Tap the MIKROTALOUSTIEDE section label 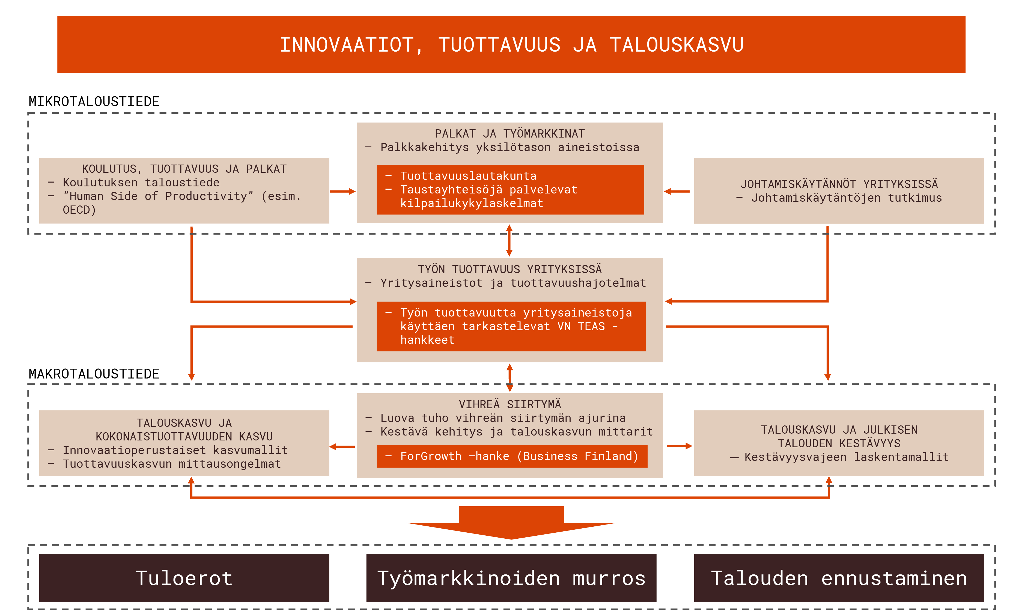point(94,101)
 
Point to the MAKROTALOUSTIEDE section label point(94,374)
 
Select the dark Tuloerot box point(184,578)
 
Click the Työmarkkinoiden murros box point(511,578)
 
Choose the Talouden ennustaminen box point(839,578)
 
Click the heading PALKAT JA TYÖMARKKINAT point(509,134)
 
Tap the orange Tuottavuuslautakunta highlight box point(510,189)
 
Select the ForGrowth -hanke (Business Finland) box point(512,456)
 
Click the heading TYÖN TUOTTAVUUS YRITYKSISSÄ point(509,269)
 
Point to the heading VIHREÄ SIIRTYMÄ point(509,404)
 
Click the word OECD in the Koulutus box point(76,210)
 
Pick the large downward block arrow point(511,522)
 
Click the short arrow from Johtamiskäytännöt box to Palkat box point(677,192)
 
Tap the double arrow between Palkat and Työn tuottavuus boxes point(509,240)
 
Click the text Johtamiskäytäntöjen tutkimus point(839,198)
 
